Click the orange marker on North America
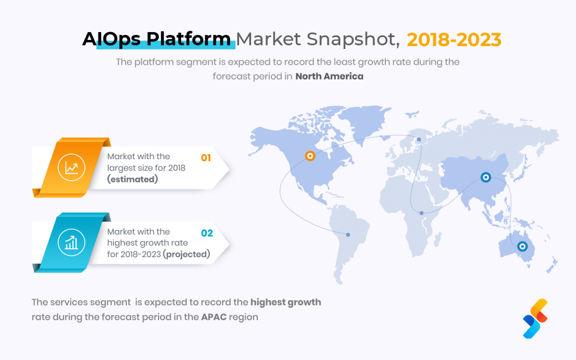coord(310,156)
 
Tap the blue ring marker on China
coord(485,177)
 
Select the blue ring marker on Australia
coord(522,246)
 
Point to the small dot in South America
coord(348,235)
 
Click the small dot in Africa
coord(421,213)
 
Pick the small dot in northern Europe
coord(418,139)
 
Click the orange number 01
coord(206,158)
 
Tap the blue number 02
coord(207,233)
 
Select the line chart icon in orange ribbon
coord(71,168)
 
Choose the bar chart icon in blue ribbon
coord(71,242)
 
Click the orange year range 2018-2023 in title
coord(454,40)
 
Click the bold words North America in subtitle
coord(329,76)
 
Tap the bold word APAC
coord(214,317)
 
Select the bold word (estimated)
coord(132,179)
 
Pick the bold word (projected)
coord(187,254)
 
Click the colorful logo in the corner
coord(535,318)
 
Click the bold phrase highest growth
coord(286,302)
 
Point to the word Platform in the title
coord(188,39)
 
